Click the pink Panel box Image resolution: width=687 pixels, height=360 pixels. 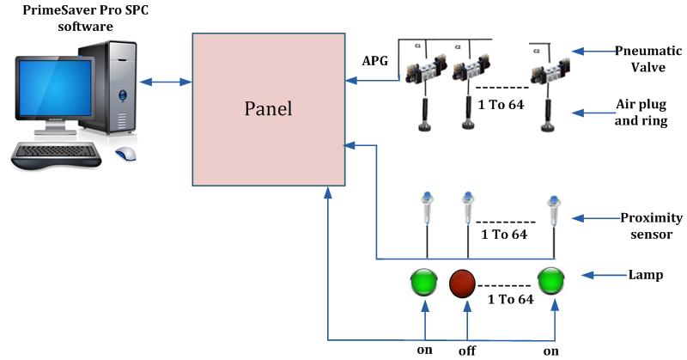267,109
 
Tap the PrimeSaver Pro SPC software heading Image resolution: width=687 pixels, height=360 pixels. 73,20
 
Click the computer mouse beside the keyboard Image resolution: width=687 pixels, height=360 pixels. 126,155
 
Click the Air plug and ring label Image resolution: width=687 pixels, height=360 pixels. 642,112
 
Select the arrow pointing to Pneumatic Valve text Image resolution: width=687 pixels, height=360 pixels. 593,50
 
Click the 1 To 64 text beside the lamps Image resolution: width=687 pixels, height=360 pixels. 511,299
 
